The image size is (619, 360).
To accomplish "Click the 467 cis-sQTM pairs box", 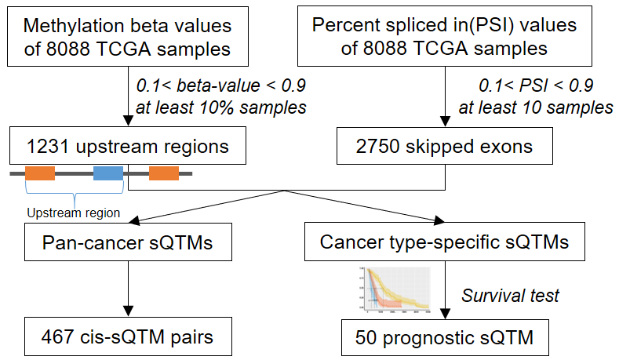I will click(127, 338).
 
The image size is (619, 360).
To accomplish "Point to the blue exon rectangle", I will click(108, 173).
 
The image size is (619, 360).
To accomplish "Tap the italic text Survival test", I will click(510, 295).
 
